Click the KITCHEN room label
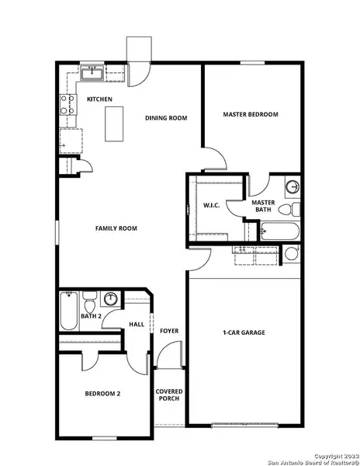pos(99,99)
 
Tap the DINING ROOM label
pos(167,118)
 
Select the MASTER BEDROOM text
pos(250,115)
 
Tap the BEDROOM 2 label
pos(103,394)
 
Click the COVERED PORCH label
pos(168,395)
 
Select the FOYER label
pos(169,332)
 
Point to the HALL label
pos(137,325)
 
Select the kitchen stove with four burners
pos(69,103)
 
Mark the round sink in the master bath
pos(292,187)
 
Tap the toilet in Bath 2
pos(89,300)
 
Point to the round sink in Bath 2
pos(111,298)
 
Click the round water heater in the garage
pos(292,253)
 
